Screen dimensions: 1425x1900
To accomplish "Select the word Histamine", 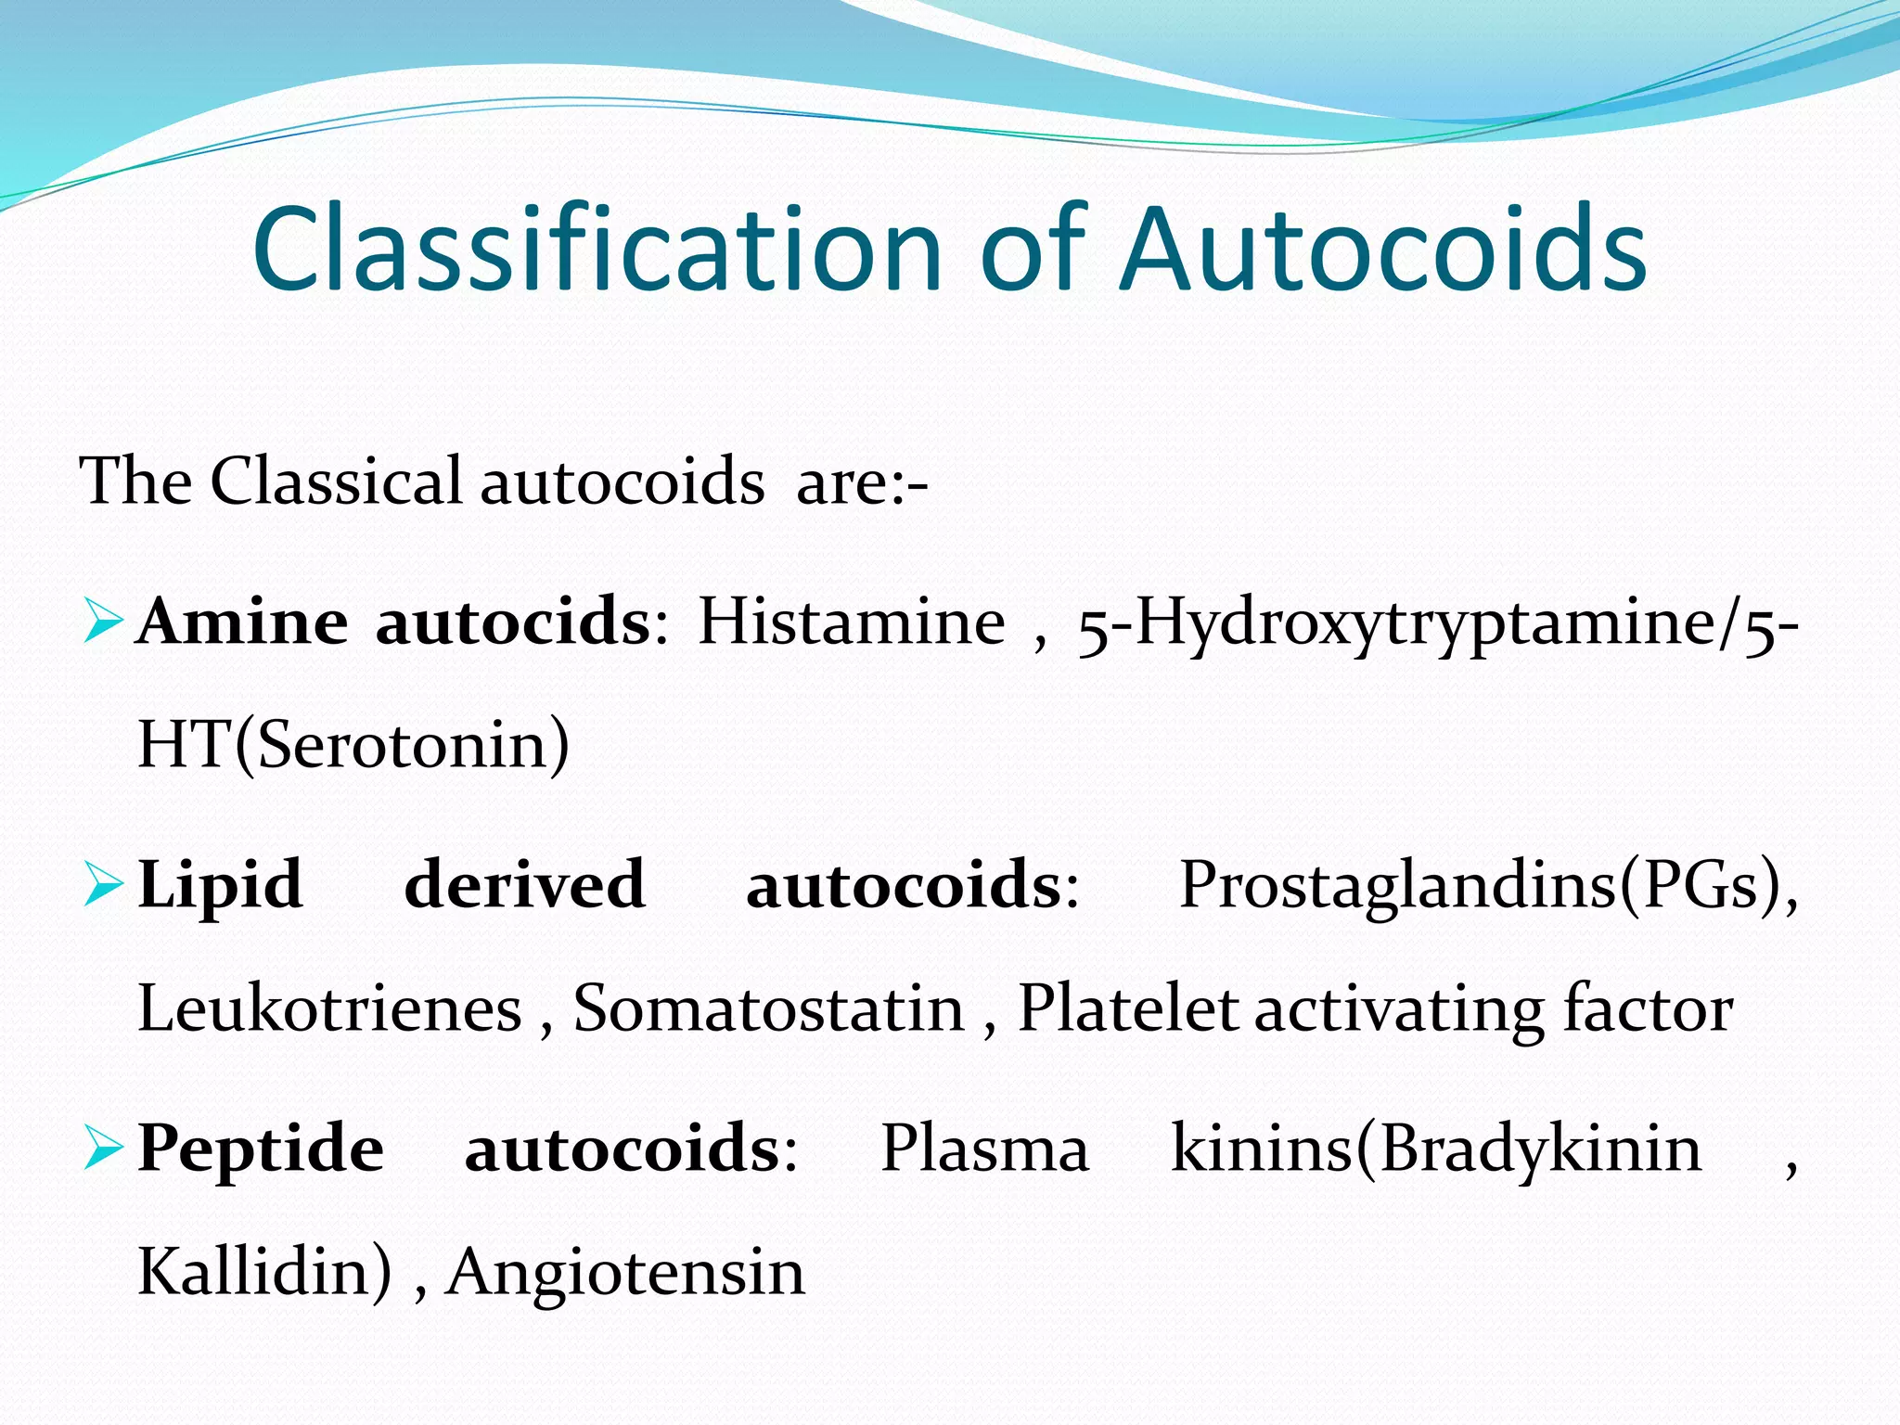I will tap(851, 622).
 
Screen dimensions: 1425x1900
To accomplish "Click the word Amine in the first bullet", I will tap(242, 622).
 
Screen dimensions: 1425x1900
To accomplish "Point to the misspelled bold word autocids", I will tap(512, 622).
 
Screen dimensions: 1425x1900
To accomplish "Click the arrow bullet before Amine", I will tap(102, 623).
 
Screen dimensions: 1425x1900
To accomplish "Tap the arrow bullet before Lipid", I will tap(102, 885).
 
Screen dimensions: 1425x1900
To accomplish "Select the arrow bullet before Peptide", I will tap(102, 1149).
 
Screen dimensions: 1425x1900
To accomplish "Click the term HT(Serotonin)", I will tap(353, 744).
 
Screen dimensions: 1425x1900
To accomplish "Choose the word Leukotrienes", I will tap(329, 1008).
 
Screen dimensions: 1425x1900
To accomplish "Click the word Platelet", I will tap(1127, 1008).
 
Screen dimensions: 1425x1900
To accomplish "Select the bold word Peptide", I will tap(261, 1149).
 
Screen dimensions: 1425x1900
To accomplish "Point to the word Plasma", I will tap(984, 1149).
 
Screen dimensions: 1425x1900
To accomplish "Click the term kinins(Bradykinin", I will tap(1436, 1149).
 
